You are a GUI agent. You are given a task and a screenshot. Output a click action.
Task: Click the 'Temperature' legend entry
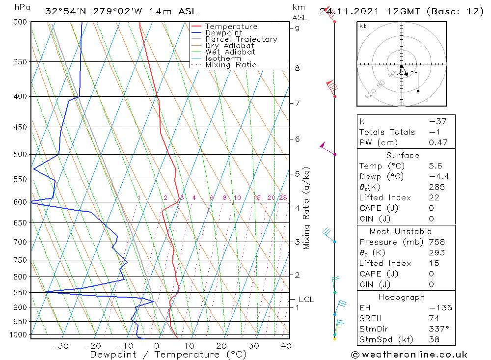click(231, 27)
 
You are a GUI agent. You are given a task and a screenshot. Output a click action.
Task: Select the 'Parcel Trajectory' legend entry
click(241, 39)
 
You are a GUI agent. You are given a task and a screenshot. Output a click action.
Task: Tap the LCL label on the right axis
click(306, 299)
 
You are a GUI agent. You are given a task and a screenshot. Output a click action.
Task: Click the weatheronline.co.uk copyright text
click(409, 355)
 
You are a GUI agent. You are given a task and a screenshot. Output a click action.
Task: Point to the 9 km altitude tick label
click(297, 28)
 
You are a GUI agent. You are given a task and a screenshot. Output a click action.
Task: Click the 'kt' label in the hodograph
click(363, 26)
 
